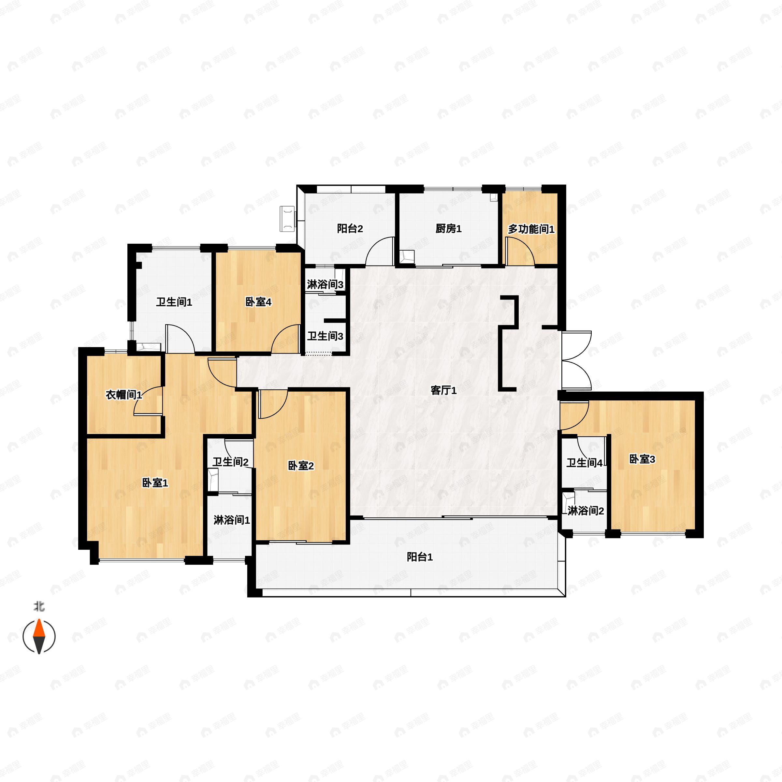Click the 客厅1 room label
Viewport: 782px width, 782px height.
[x=443, y=391]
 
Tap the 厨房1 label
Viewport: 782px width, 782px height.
[x=448, y=229]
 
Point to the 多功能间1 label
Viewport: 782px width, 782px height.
[x=531, y=229]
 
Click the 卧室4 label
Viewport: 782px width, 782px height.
[x=258, y=302]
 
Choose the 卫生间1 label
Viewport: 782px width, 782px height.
[x=174, y=302]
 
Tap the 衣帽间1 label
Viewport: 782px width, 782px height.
[x=124, y=395]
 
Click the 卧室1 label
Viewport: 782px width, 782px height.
[x=155, y=483]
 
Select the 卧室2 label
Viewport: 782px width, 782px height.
[x=301, y=466]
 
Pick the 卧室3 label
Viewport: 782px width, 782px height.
[x=642, y=459]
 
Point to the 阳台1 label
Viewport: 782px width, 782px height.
[x=420, y=557]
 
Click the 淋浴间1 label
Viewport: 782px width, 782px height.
[x=232, y=520]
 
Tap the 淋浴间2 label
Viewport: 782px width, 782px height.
[x=586, y=511]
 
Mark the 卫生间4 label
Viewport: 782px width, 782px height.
[x=584, y=463]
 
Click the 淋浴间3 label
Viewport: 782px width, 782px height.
[x=325, y=284]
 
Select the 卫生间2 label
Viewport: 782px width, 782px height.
[x=230, y=462]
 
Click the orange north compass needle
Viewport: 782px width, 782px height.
[x=39, y=629]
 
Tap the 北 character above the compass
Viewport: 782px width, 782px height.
[x=39, y=606]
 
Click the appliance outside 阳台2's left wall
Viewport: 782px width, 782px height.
[x=288, y=219]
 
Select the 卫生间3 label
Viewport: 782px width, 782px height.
[x=325, y=336]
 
